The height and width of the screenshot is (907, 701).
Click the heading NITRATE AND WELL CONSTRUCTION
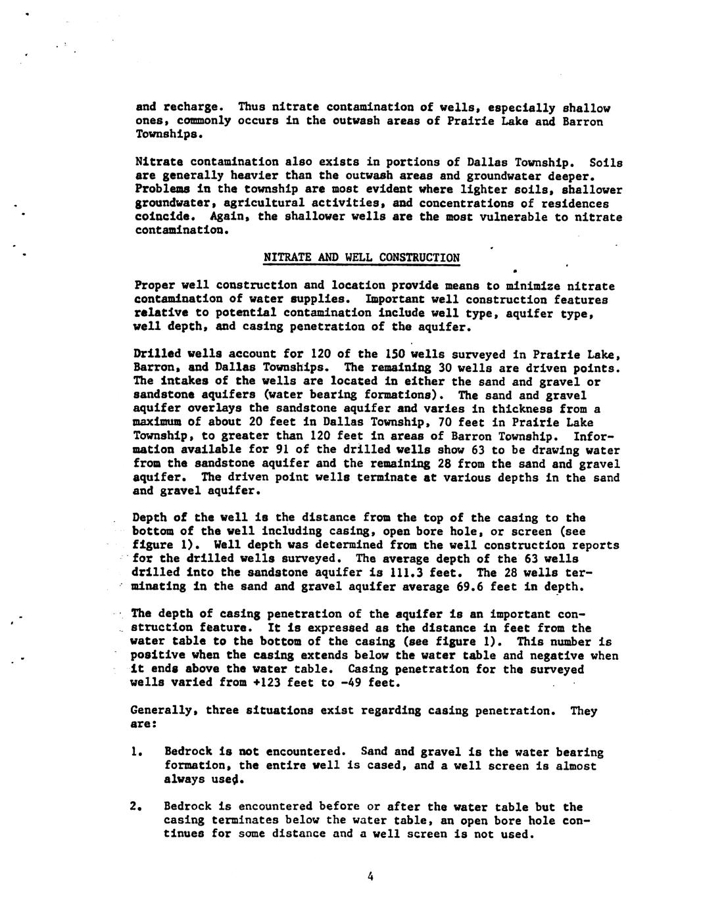coord(361,258)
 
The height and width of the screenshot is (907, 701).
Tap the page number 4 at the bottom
coord(371,875)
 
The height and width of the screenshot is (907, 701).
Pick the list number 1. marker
coord(136,752)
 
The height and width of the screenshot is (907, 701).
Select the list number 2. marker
coord(136,807)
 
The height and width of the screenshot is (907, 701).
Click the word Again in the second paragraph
coord(228,217)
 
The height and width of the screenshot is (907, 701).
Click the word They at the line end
coord(584,710)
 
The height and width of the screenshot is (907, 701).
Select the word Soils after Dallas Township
coord(606,162)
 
